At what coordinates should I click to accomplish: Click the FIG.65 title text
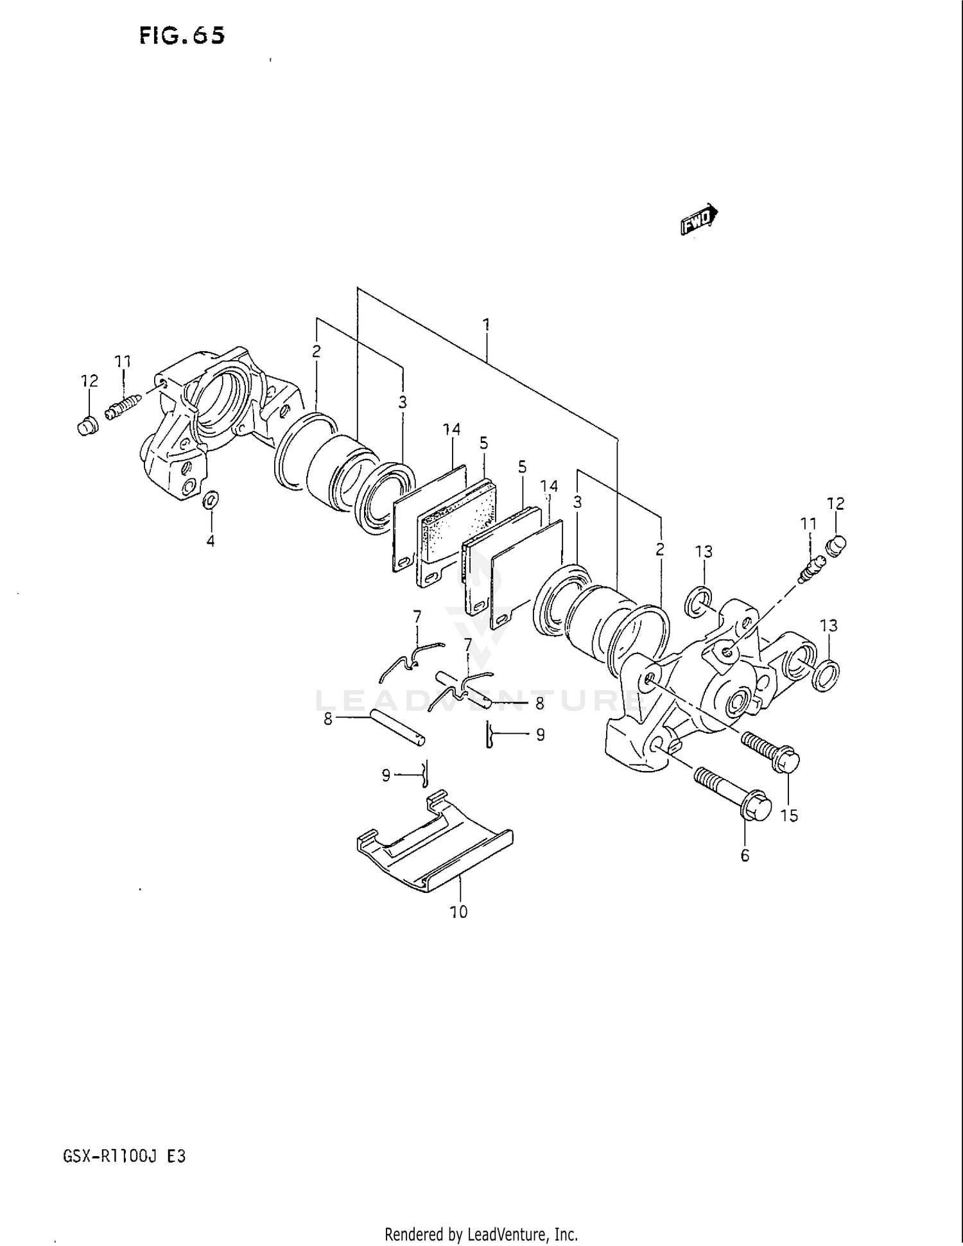[182, 35]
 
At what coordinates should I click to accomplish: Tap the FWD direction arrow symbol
[698, 219]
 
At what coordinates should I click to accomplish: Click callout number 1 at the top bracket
[487, 324]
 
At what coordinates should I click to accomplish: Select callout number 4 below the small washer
[211, 541]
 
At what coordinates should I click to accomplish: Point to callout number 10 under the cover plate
[458, 912]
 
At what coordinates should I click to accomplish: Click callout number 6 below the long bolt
[745, 855]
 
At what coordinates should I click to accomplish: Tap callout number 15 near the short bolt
[789, 815]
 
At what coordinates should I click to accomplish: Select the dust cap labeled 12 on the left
[87, 426]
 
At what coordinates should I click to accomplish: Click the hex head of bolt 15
[786, 763]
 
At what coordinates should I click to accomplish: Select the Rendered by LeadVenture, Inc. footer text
[481, 1234]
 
